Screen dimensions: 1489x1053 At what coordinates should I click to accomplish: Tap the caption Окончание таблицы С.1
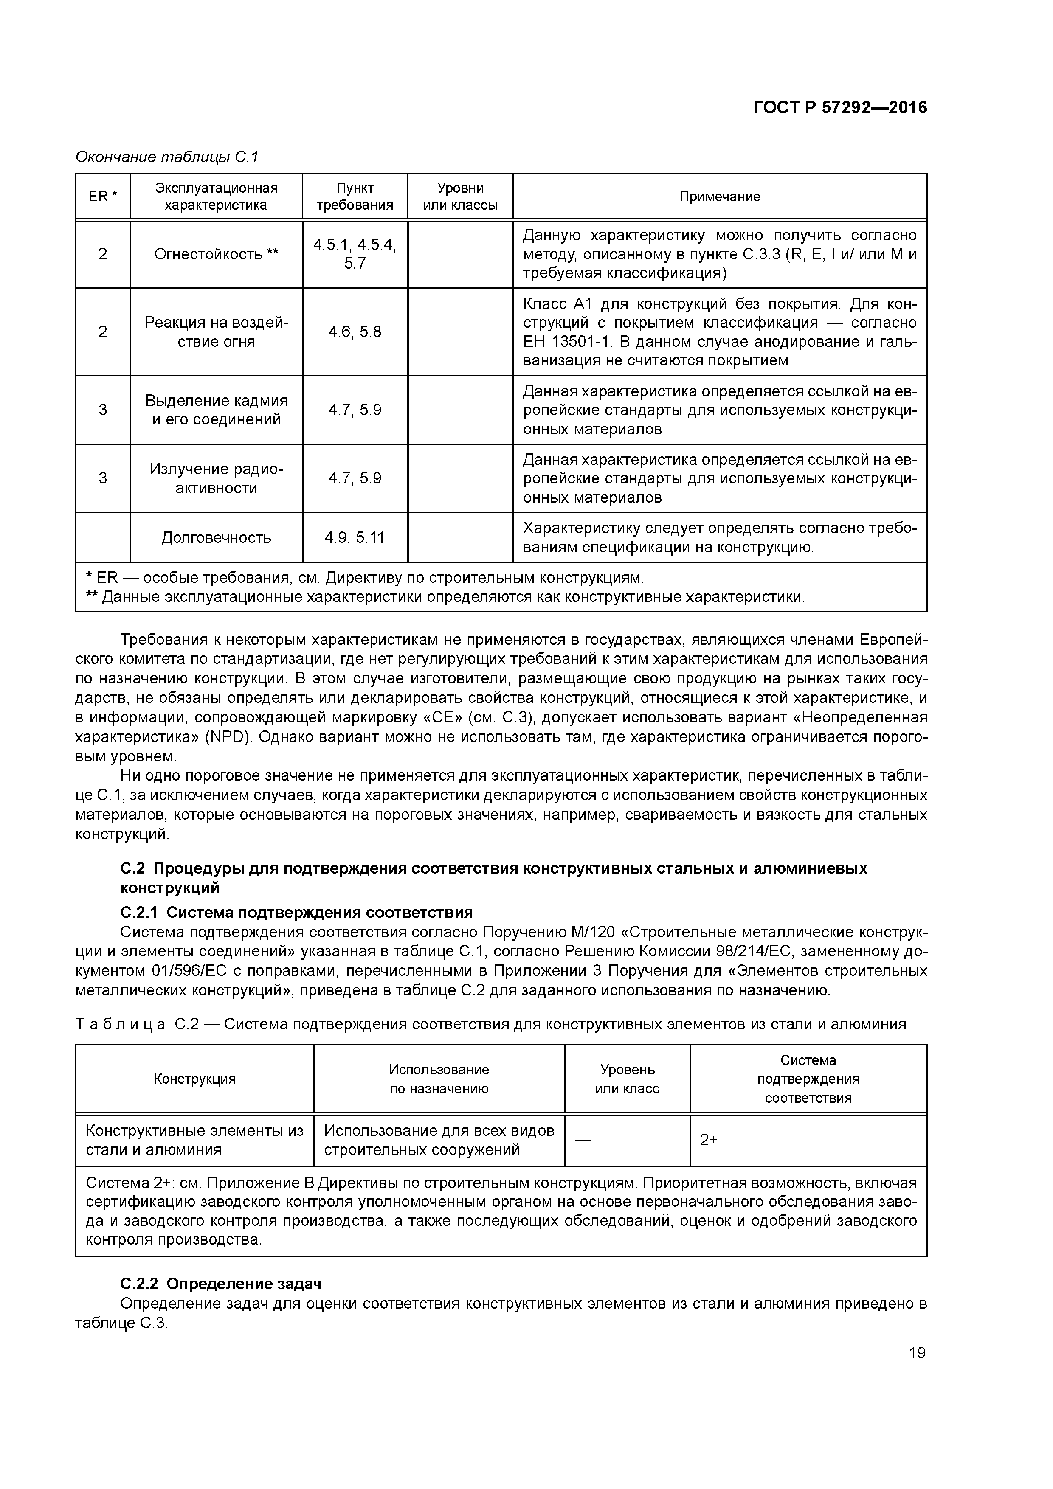point(167,157)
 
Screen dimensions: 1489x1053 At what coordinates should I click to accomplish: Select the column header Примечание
point(720,197)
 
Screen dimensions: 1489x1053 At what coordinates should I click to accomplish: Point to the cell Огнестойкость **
point(216,254)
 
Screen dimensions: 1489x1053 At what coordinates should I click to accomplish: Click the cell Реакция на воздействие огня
point(216,332)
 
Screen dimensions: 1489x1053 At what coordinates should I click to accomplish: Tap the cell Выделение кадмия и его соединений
point(216,410)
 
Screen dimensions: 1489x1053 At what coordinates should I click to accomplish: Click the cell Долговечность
point(216,538)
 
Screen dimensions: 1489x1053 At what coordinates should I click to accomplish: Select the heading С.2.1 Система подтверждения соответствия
point(296,913)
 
